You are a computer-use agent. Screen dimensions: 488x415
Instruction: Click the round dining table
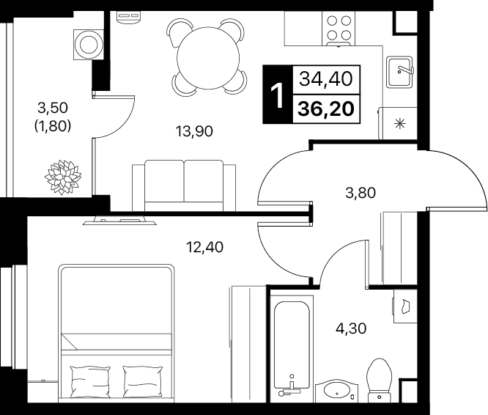point(208,57)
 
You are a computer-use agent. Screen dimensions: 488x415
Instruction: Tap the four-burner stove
point(339,28)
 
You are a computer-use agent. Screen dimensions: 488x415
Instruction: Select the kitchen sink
point(399,72)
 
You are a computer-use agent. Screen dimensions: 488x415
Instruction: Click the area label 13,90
point(194,131)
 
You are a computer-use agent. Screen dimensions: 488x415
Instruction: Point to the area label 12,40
point(204,247)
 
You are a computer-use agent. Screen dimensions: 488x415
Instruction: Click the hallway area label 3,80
point(361,193)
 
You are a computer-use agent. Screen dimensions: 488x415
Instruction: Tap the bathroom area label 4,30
point(351,328)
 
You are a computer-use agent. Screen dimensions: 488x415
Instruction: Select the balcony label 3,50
point(53,108)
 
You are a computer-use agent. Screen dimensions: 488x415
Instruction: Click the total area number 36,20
point(326,109)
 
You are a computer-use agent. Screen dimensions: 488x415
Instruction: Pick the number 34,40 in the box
point(326,79)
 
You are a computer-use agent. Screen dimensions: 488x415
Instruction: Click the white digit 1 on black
point(277,95)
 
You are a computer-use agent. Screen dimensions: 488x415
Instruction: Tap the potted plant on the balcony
point(63,177)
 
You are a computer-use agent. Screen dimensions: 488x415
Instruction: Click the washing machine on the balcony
point(89,45)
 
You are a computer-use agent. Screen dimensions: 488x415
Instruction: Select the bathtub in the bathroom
point(292,345)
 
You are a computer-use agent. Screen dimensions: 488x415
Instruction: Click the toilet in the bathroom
point(379,380)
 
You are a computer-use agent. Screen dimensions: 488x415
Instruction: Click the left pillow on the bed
point(90,381)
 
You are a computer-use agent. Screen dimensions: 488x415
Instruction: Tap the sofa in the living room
point(184,186)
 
